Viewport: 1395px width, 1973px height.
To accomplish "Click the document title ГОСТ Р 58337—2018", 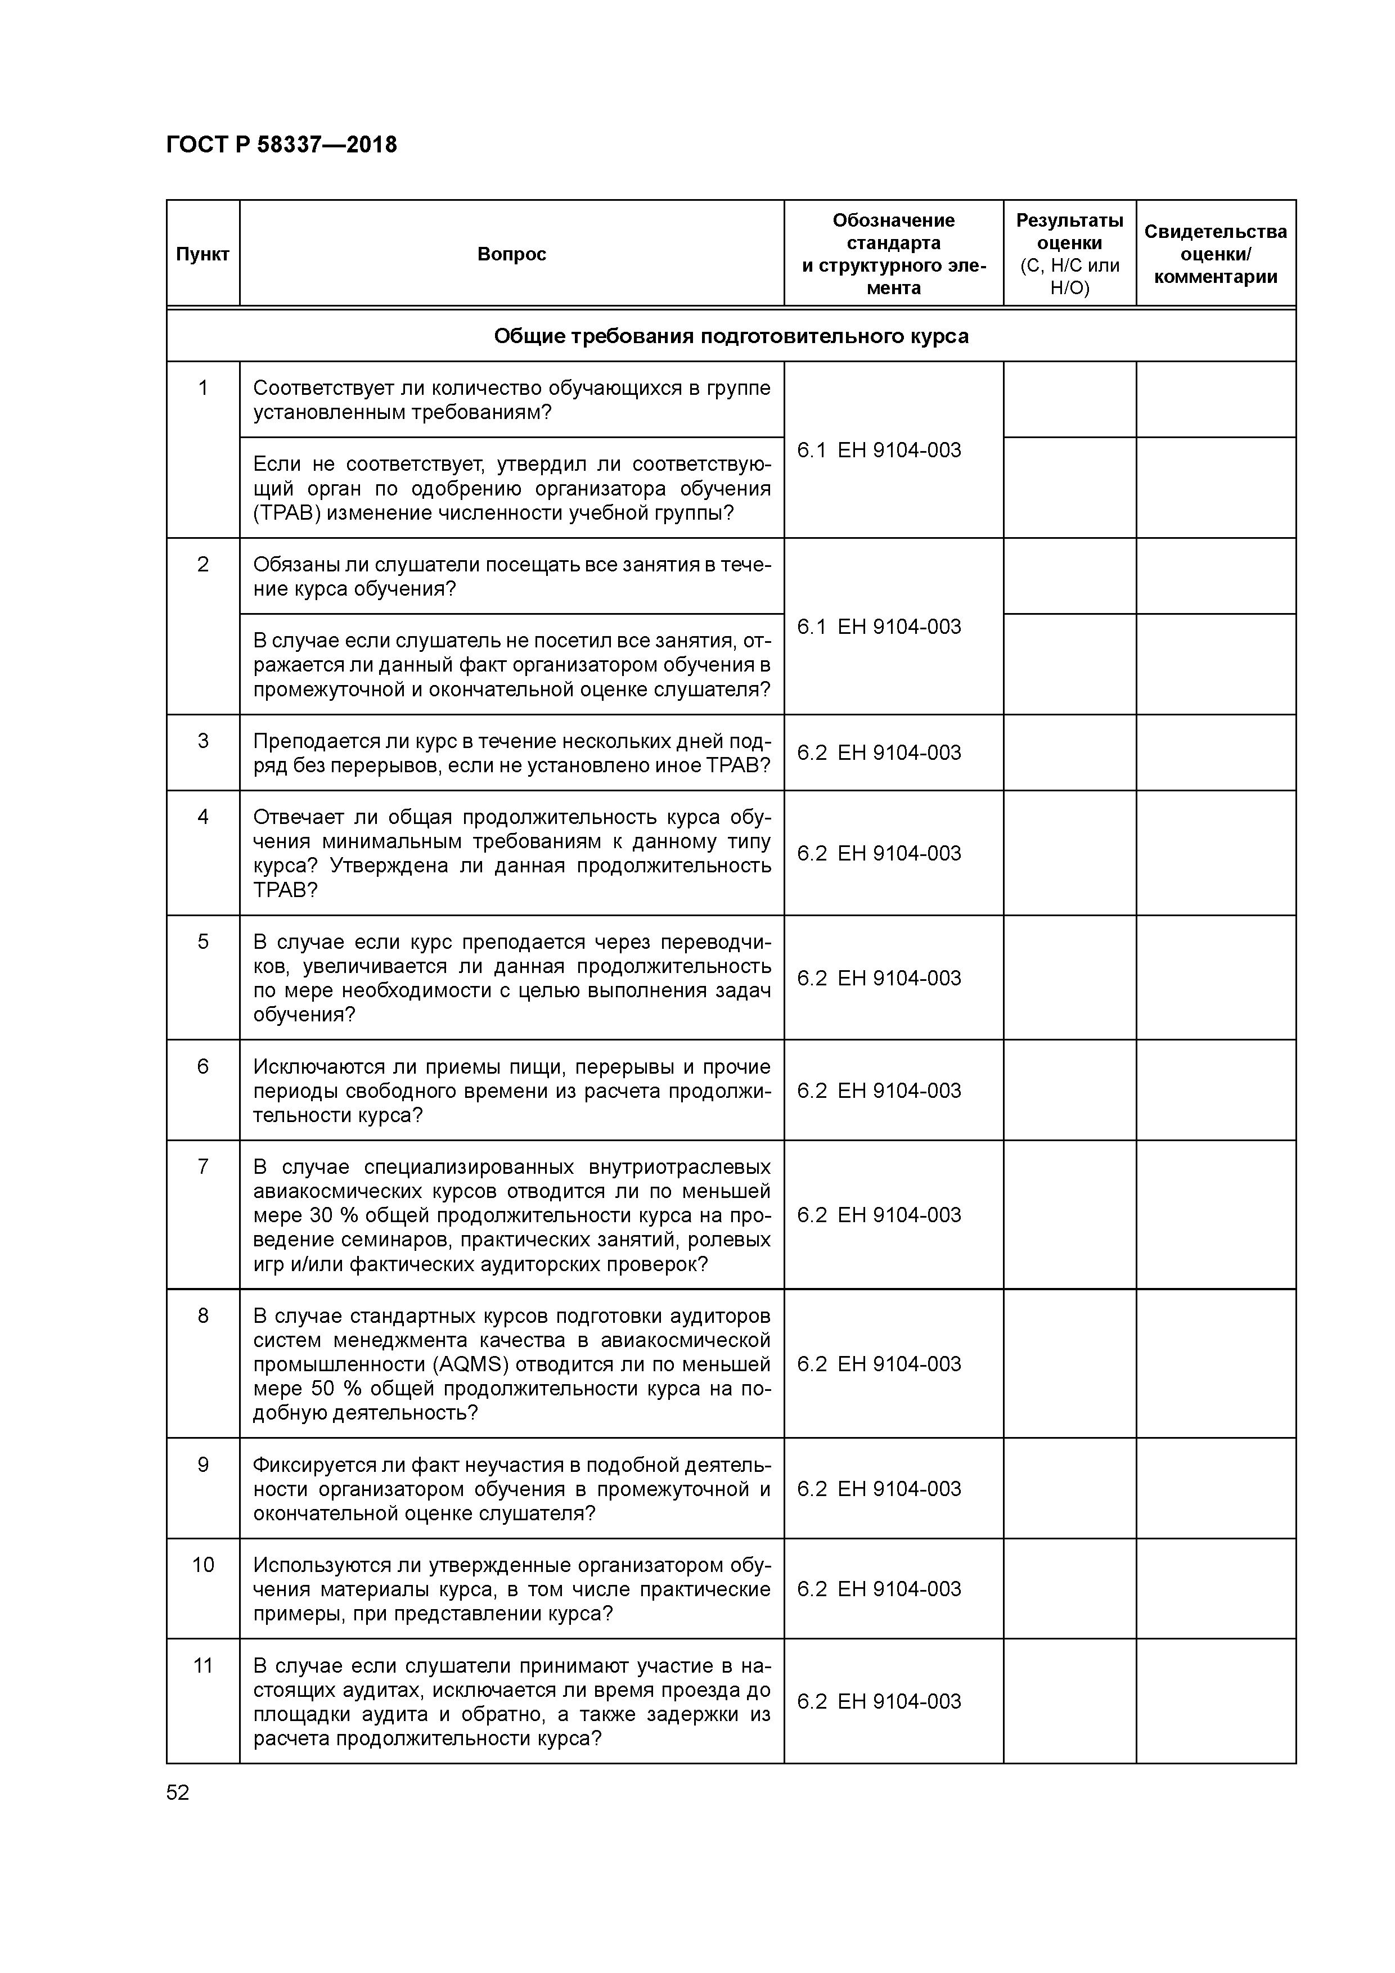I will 281,145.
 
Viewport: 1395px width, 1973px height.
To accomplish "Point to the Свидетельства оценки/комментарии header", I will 1216,254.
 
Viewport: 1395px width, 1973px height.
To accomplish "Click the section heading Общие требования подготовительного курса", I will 731,336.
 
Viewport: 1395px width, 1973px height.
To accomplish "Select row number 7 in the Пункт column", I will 203,1166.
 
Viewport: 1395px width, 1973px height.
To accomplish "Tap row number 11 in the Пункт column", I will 203,1665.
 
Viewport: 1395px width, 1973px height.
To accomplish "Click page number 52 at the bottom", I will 178,1792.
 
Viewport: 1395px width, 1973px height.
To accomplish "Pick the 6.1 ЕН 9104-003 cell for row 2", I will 879,627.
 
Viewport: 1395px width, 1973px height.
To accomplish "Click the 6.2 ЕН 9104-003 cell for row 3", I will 879,753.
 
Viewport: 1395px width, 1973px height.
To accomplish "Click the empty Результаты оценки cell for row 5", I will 1069,978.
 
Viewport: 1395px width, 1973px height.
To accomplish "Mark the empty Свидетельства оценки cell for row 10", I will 1216,1589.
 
